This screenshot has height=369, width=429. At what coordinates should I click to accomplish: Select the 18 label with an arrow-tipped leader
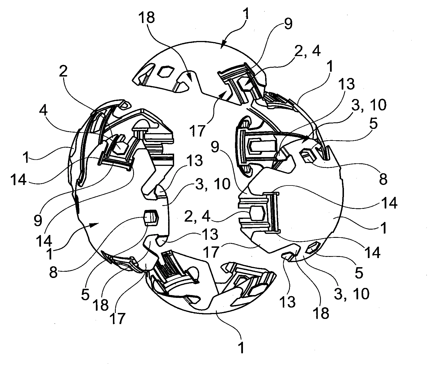pyautogui.click(x=147, y=17)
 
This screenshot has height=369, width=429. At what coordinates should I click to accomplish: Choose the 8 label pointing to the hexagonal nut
pyautogui.click(x=53, y=272)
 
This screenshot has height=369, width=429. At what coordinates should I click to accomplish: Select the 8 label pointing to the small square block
pyautogui.click(x=383, y=179)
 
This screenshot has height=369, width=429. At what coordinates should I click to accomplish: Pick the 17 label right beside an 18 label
pyautogui.click(x=118, y=319)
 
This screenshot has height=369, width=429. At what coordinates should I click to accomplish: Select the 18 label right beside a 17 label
pyautogui.click(x=101, y=305)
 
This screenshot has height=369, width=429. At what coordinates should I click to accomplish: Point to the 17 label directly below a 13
pyautogui.click(x=211, y=252)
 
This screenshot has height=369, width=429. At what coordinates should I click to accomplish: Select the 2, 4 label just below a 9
pyautogui.click(x=197, y=217)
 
